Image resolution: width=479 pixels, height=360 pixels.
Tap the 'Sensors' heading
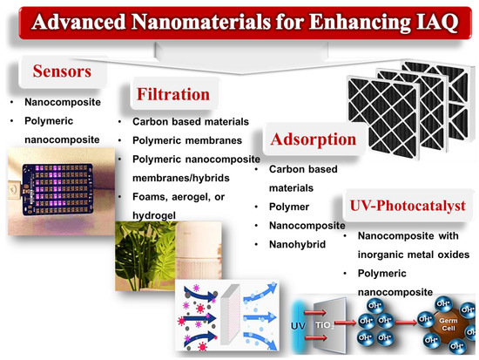(x=58, y=69)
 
